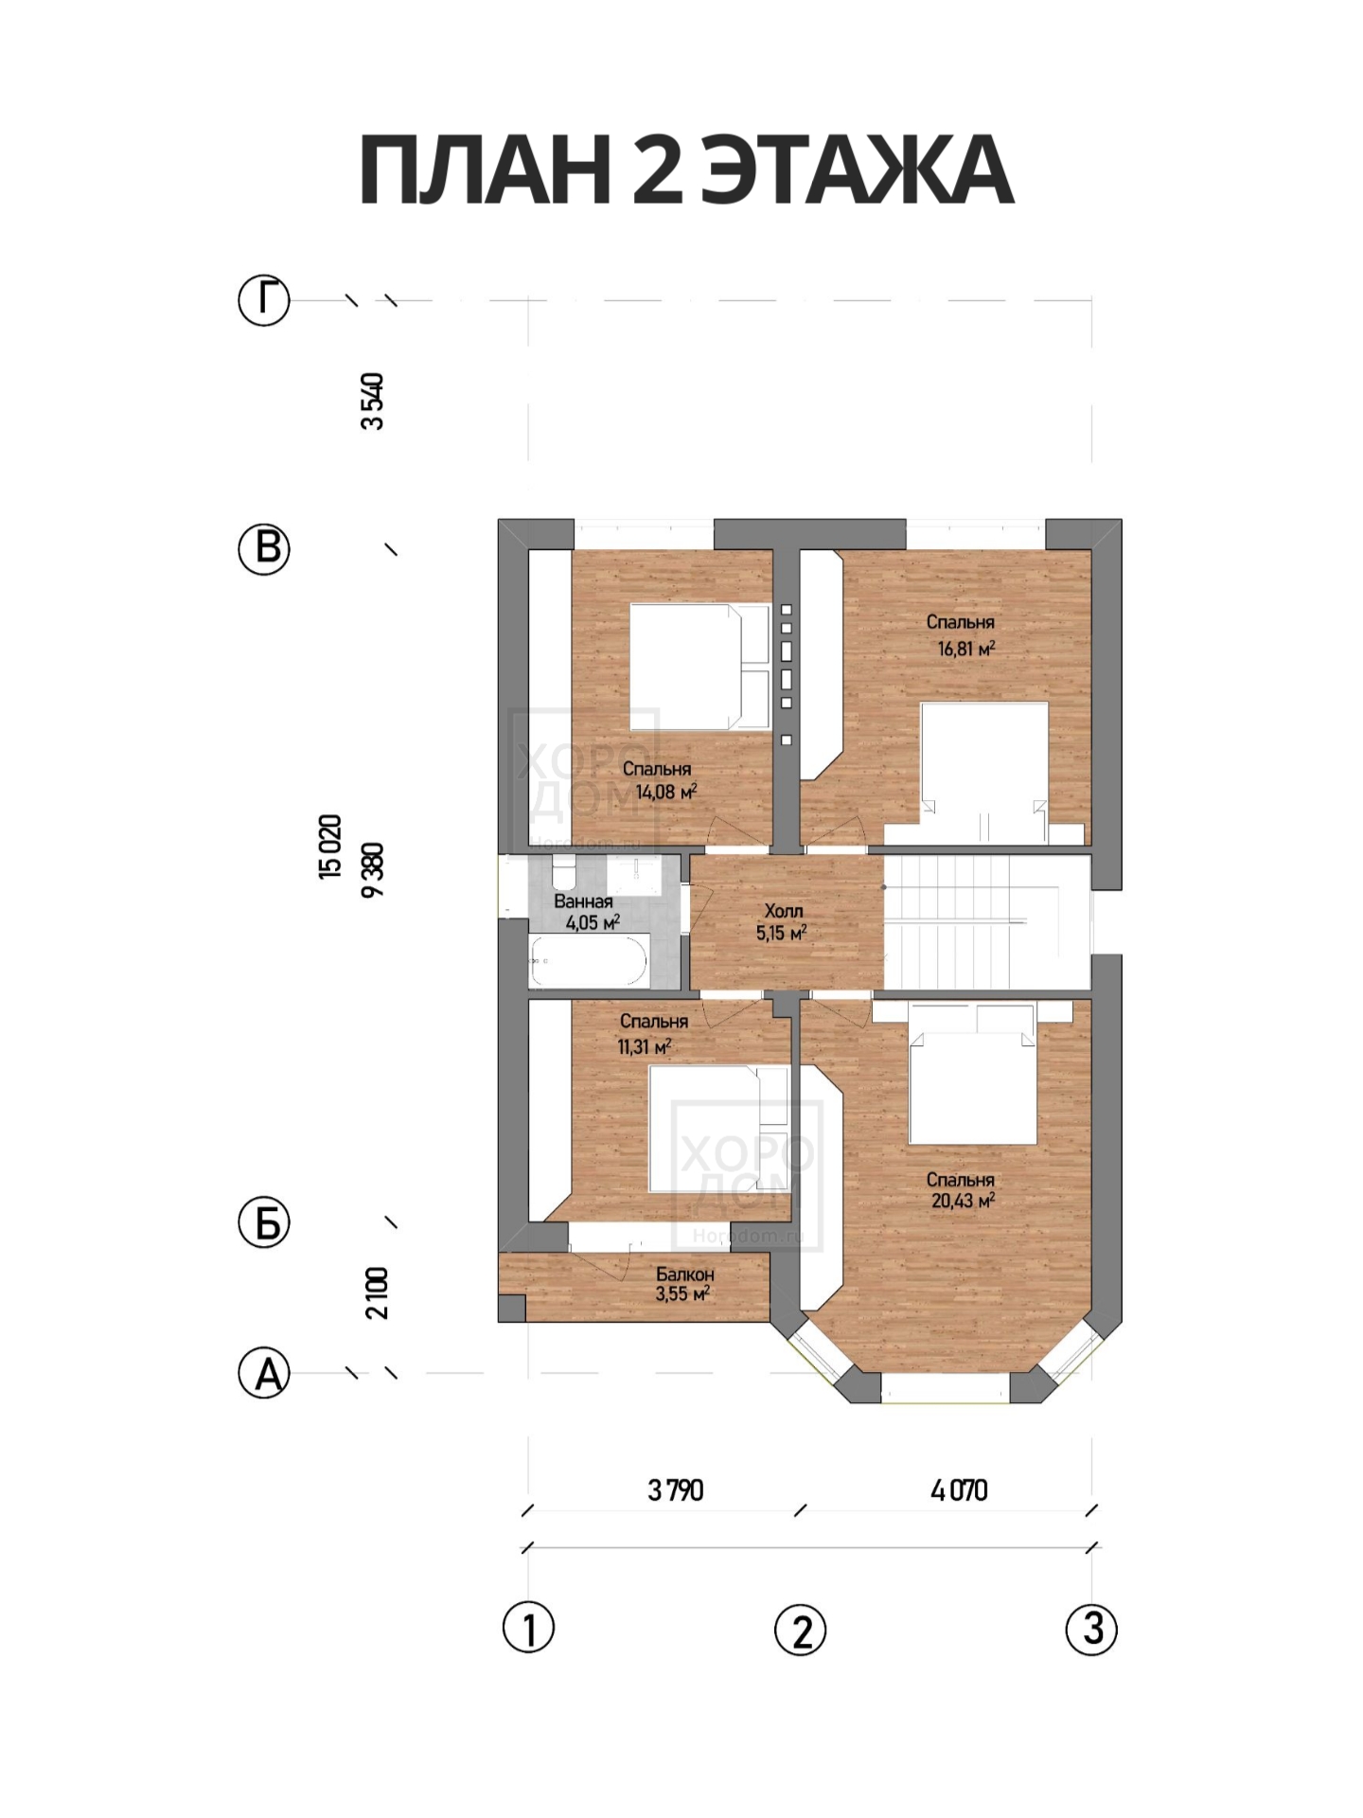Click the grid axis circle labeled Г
click(263, 300)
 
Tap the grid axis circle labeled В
click(263, 548)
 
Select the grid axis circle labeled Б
click(263, 1223)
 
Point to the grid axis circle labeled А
click(263, 1373)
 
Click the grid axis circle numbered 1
click(528, 1629)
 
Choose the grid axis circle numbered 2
click(801, 1629)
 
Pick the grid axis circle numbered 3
click(1091, 1629)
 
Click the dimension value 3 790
click(676, 1490)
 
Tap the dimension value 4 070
click(960, 1490)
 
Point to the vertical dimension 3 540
click(373, 401)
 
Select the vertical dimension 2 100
click(376, 1293)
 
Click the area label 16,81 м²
click(966, 650)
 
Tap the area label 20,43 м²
click(963, 1201)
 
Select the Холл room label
click(784, 911)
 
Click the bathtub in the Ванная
click(589, 960)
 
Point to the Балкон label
click(684, 1274)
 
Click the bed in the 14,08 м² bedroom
click(700, 668)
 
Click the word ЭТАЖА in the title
click(860, 170)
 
